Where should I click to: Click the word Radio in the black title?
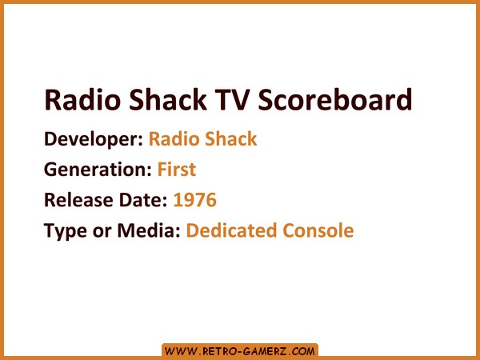click(x=82, y=99)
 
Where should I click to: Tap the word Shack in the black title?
click(x=168, y=99)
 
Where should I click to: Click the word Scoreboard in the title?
click(x=335, y=99)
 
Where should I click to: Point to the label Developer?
click(x=94, y=139)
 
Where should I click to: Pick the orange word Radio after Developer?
click(x=174, y=139)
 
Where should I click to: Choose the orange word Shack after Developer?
click(x=231, y=138)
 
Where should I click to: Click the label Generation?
click(x=98, y=170)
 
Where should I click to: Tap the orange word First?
click(x=177, y=170)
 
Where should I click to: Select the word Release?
click(x=78, y=199)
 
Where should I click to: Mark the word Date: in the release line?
click(x=143, y=199)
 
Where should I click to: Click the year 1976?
click(x=195, y=199)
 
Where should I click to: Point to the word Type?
click(x=66, y=231)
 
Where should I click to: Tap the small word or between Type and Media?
click(x=102, y=232)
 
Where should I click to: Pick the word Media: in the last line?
click(x=149, y=230)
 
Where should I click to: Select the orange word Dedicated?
click(x=231, y=230)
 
